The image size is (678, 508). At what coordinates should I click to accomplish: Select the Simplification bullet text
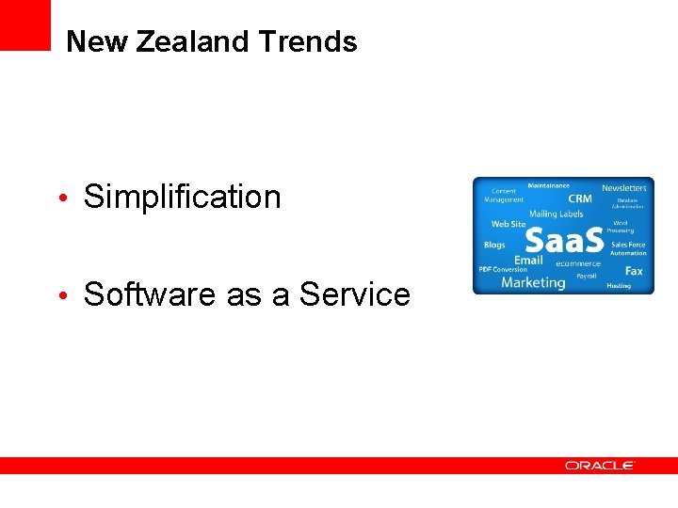click(182, 197)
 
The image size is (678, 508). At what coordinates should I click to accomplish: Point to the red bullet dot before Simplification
click(61, 198)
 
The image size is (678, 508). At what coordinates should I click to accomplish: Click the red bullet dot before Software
click(61, 296)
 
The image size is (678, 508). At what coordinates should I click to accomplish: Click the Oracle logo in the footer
click(600, 466)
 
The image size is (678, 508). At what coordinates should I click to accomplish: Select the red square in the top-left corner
click(24, 24)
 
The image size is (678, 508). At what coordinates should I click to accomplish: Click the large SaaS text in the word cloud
click(563, 241)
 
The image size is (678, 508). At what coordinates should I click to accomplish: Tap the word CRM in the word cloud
click(580, 198)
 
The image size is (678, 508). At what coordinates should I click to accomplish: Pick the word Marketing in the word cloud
click(533, 282)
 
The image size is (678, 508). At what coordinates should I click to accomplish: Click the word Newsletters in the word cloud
click(624, 188)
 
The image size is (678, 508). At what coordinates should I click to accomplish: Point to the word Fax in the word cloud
click(634, 271)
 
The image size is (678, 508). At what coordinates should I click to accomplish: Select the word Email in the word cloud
click(528, 260)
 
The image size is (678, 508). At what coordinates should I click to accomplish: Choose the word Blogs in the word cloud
click(494, 246)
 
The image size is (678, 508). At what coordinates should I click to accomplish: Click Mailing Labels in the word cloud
click(556, 214)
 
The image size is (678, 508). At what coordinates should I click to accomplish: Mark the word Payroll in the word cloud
click(587, 277)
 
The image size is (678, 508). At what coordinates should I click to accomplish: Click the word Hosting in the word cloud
click(619, 285)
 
